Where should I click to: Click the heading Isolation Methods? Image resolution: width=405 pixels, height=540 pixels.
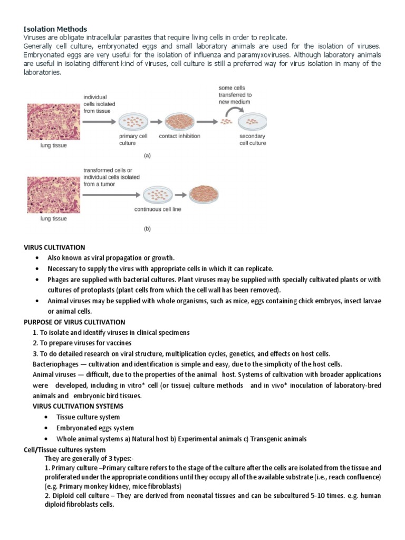(x=55, y=29)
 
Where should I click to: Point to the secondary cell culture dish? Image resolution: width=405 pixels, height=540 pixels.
(x=252, y=123)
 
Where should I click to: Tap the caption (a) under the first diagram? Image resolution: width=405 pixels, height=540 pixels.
(x=148, y=156)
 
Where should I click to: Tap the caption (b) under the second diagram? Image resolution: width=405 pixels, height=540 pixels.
(x=148, y=229)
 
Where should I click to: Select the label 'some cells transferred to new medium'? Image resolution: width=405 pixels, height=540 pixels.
(x=235, y=95)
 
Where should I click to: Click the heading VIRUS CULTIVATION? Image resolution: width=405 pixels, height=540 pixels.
(x=55, y=247)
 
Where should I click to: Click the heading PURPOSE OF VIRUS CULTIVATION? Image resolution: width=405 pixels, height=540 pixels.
(x=74, y=322)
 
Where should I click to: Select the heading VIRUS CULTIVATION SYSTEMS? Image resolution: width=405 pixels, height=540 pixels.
(x=78, y=406)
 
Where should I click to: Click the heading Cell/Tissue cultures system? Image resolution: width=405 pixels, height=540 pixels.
(x=64, y=450)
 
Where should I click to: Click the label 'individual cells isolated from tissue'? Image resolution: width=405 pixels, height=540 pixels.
(x=95, y=104)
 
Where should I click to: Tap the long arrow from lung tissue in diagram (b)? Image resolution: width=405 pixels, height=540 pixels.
(x=111, y=195)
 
